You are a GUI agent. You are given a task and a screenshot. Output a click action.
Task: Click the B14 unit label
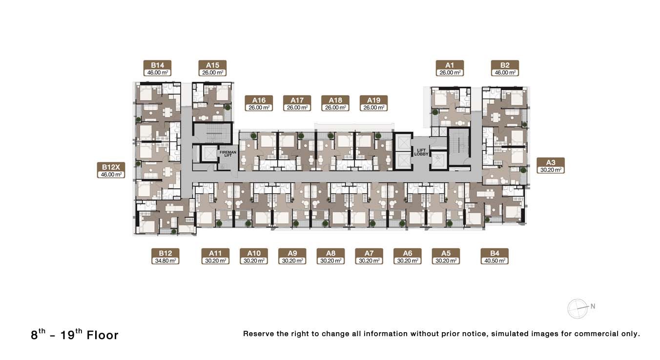tap(157, 68)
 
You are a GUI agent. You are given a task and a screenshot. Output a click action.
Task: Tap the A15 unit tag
tap(212, 68)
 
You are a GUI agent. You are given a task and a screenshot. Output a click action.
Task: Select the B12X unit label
tap(111, 170)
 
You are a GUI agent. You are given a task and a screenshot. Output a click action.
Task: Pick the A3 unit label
tap(551, 165)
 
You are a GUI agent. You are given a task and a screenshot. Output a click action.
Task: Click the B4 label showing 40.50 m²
tap(495, 257)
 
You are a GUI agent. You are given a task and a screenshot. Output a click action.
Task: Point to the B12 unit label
tap(165, 257)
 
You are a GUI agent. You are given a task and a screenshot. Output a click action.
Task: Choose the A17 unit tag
tap(297, 103)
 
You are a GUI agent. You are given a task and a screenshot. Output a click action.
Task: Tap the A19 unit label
tap(373, 103)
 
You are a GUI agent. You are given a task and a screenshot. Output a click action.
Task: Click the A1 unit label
tap(450, 68)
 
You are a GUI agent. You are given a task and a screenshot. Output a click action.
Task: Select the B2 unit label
tap(505, 68)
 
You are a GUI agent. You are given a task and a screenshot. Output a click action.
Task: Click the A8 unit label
tap(330, 257)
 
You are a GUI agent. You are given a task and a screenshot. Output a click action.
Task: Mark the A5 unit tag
tap(446, 257)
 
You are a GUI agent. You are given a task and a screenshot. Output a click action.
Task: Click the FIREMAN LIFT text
tap(228, 154)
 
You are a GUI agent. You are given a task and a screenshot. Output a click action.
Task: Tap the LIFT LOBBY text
tap(421, 152)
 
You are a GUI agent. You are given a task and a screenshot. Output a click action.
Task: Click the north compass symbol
tap(578, 309)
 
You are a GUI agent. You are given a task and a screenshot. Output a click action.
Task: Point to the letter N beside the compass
tap(593, 306)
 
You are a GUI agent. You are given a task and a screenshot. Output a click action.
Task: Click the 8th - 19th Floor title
tap(75, 335)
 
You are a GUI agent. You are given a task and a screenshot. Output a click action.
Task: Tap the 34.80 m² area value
tap(165, 261)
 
